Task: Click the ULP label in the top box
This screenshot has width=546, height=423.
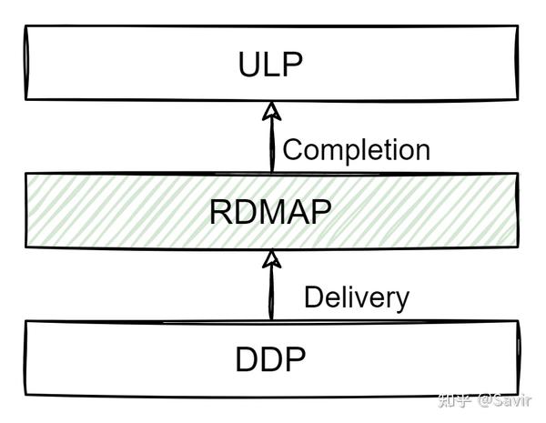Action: pyautogui.click(x=270, y=65)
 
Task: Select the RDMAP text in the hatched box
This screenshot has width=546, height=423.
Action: pyautogui.click(x=269, y=211)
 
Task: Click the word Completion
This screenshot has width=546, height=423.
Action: pyautogui.click(x=356, y=150)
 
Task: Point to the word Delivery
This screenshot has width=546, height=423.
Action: pyautogui.click(x=356, y=297)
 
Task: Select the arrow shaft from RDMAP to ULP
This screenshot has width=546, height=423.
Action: pyautogui.click(x=269, y=146)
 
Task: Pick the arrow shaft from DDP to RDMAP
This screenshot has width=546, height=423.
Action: pyautogui.click(x=269, y=293)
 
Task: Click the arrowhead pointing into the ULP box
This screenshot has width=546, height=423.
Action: pyautogui.click(x=269, y=112)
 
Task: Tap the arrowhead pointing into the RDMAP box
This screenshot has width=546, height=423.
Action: pyautogui.click(x=269, y=258)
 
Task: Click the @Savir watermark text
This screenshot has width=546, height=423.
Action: pyautogui.click(x=508, y=399)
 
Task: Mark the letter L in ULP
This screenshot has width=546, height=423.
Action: pyautogui.click(x=271, y=65)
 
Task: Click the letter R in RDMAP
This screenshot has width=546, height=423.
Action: pyautogui.click(x=221, y=211)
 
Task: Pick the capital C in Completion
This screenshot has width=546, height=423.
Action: pyautogui.click(x=293, y=150)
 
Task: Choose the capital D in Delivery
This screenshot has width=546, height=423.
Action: pyautogui.click(x=313, y=297)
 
